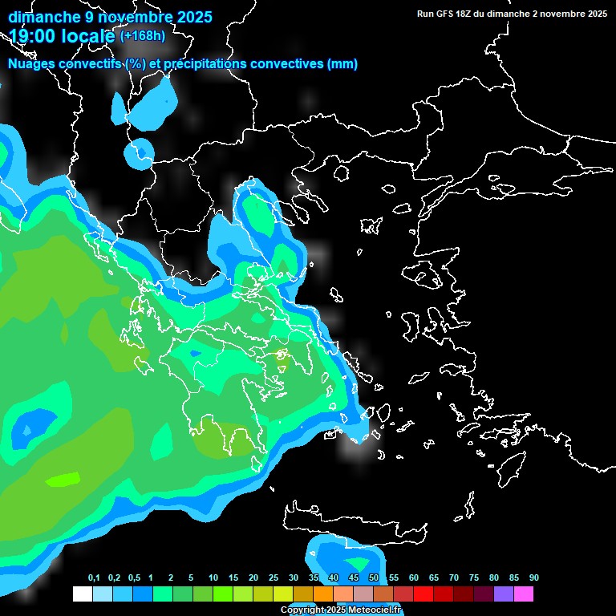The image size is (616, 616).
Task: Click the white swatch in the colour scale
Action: point(82,594)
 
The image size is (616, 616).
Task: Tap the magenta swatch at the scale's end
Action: point(524,594)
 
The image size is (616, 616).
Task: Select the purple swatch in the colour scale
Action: point(504,594)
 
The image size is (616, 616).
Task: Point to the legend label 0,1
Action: point(94,578)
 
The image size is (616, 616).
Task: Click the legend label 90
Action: point(534,578)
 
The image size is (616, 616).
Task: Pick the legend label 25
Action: point(274,578)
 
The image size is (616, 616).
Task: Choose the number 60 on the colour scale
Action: point(414,578)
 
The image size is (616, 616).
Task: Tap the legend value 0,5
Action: point(134,578)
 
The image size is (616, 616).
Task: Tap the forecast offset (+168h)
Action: point(143,35)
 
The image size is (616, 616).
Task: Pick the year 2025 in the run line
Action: point(594,14)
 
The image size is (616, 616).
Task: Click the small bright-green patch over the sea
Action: point(64,480)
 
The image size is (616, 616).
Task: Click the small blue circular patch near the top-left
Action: point(140,152)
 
